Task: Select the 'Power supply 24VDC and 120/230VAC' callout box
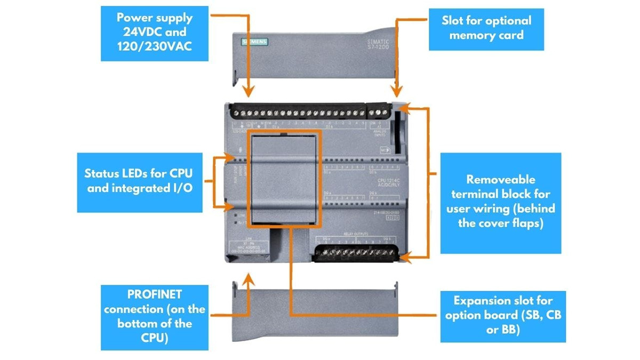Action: (x=155, y=33)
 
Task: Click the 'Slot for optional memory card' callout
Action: (x=486, y=29)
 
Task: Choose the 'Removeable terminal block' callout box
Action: (x=500, y=202)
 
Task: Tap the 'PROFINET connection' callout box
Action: (x=154, y=316)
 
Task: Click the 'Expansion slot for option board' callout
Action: (x=502, y=316)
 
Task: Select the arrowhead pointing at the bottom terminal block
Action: (x=404, y=257)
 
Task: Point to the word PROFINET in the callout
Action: (x=155, y=294)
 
